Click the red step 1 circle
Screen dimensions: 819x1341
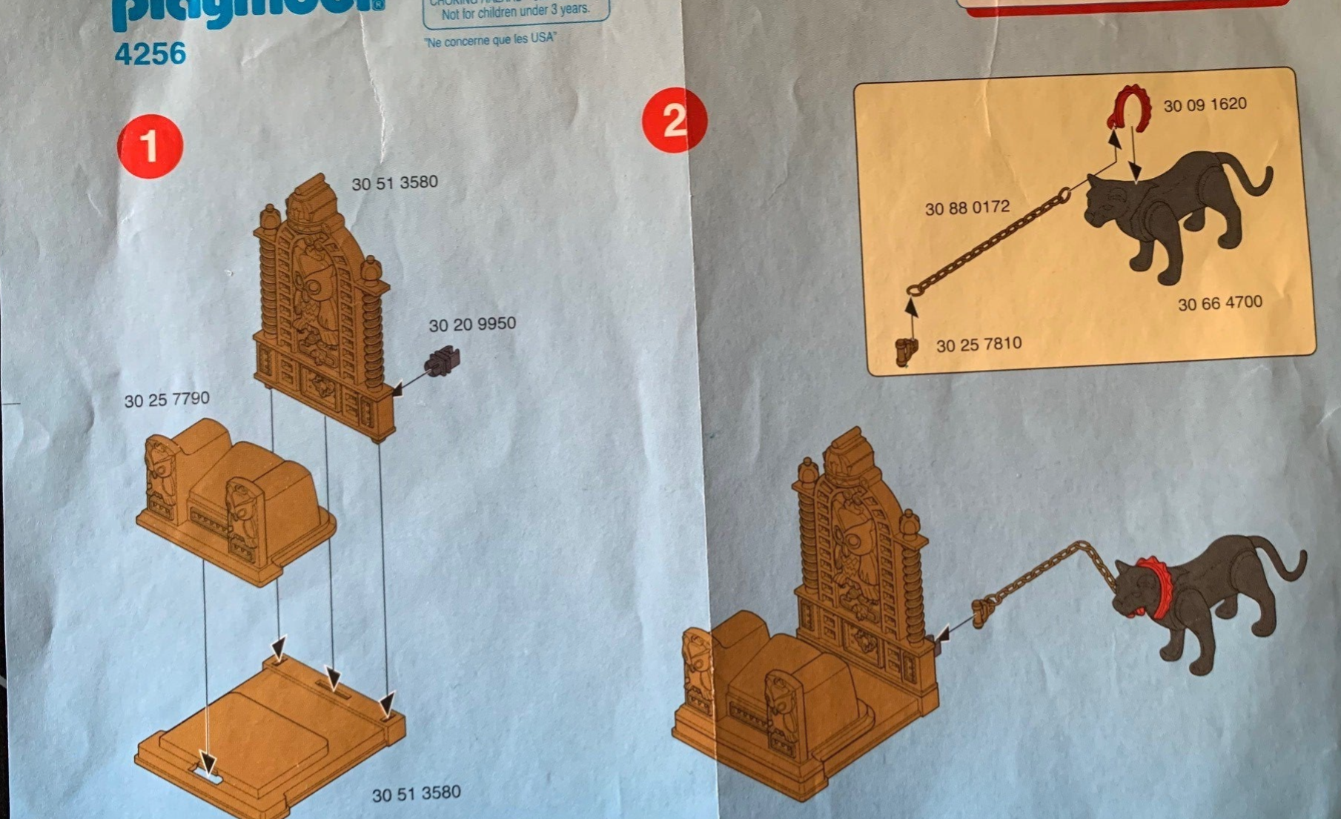coord(150,146)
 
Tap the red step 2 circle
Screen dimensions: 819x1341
coord(674,120)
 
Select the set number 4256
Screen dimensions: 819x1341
coord(150,54)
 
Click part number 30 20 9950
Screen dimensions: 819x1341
coord(472,325)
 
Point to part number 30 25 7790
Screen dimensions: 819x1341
coord(167,400)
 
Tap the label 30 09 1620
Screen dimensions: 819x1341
coord(1205,105)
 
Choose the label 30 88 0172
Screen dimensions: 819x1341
coord(967,208)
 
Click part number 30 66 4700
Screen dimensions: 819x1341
coord(1219,303)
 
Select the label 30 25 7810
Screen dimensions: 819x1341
coord(979,345)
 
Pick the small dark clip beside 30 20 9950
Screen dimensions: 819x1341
coord(442,361)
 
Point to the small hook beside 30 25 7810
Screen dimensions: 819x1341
coord(906,351)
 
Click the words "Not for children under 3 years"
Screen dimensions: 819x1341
coord(515,12)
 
